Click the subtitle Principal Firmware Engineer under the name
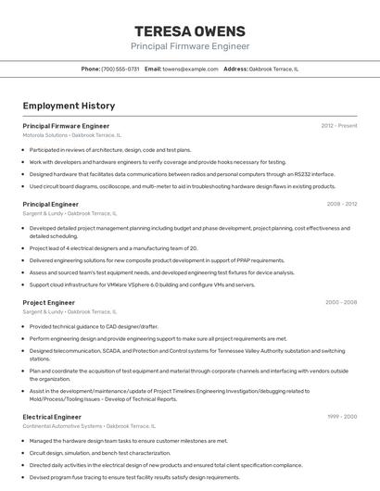(189, 46)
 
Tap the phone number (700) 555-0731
(120, 69)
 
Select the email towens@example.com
(190, 69)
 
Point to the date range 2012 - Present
(339, 125)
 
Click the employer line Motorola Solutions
(71, 135)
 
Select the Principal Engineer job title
(50, 204)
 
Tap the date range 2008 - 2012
(341, 204)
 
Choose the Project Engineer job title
(48, 302)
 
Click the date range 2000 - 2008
(341, 302)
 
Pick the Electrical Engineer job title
(52, 417)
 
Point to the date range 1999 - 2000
(341, 417)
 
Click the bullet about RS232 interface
(182, 173)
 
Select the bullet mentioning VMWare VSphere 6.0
(142, 284)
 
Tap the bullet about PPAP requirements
(157, 260)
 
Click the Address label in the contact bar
(235, 69)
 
